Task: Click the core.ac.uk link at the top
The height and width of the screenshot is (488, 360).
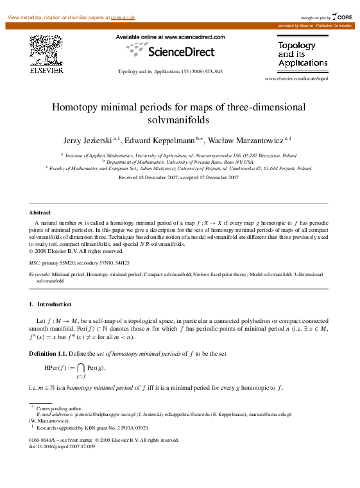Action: point(123,17)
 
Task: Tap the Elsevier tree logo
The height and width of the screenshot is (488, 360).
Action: point(47,52)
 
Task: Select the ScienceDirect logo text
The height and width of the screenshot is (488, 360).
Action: point(176,51)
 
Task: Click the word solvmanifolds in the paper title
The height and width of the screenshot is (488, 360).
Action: point(179,119)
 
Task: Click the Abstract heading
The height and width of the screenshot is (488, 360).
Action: point(40,212)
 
